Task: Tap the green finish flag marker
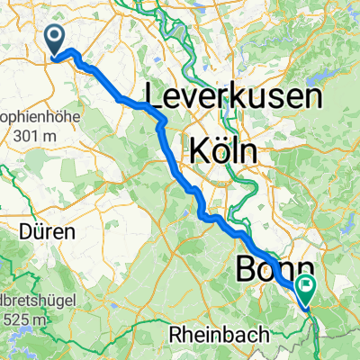(308, 290)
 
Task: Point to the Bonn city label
(275, 270)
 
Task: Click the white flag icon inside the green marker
(308, 288)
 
